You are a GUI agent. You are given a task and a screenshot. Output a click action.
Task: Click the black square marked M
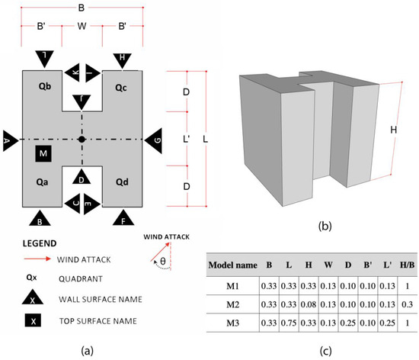pos(43,154)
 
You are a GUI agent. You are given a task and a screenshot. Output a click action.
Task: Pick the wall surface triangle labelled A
pos(9,140)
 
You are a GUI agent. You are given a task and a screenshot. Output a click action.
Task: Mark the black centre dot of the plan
pos(82,140)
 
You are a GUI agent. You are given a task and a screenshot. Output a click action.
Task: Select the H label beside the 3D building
pos(393,130)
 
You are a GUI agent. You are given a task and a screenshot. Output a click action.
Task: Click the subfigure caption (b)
pos(308,226)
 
